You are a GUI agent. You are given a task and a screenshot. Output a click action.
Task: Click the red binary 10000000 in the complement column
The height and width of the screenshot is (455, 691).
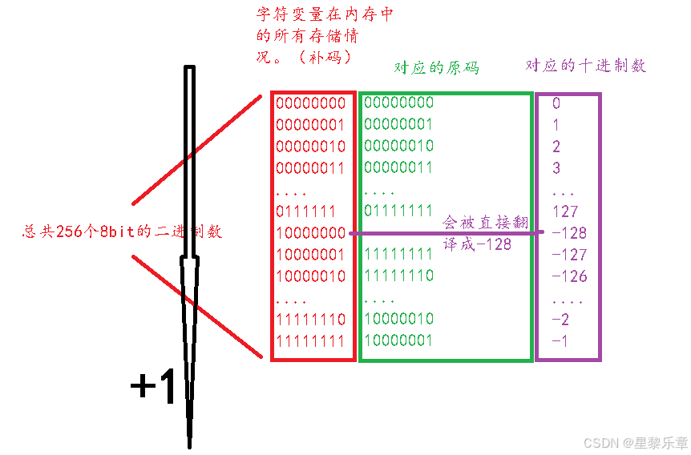click(310, 233)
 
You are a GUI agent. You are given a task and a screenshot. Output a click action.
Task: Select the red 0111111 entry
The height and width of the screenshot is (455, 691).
click(306, 211)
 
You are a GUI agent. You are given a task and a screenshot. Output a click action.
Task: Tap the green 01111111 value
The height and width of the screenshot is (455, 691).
click(398, 211)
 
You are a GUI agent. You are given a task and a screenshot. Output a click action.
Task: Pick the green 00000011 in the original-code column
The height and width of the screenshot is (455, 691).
click(398, 167)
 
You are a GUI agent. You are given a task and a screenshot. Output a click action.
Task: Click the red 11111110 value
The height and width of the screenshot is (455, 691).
click(310, 319)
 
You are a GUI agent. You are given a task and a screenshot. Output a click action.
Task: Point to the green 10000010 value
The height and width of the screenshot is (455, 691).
click(398, 319)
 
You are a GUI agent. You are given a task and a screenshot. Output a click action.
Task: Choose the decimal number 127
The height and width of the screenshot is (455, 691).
click(565, 211)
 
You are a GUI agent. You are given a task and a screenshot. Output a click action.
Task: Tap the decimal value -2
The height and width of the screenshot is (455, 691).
click(560, 319)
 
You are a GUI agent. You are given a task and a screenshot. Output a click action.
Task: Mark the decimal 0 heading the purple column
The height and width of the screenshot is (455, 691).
click(556, 103)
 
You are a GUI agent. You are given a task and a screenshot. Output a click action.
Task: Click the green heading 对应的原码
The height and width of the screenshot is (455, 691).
click(436, 68)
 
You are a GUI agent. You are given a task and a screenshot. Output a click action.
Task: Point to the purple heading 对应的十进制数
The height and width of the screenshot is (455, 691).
click(585, 66)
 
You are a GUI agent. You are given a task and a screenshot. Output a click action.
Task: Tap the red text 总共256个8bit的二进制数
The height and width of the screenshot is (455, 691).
click(122, 232)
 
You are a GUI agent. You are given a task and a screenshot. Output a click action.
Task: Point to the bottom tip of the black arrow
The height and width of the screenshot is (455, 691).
click(190, 445)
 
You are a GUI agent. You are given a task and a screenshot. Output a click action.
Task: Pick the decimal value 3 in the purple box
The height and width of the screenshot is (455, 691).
click(556, 168)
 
